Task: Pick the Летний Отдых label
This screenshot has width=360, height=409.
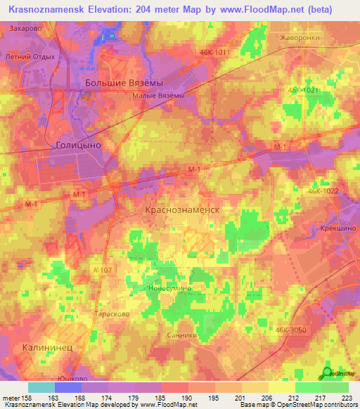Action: [30, 57]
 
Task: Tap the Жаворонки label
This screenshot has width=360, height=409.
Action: [299, 38]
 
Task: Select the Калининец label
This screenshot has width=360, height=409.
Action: [44, 346]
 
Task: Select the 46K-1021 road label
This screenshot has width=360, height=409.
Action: [302, 90]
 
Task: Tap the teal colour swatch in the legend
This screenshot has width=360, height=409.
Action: [41, 387]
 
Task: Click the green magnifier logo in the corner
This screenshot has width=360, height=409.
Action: [328, 375]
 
